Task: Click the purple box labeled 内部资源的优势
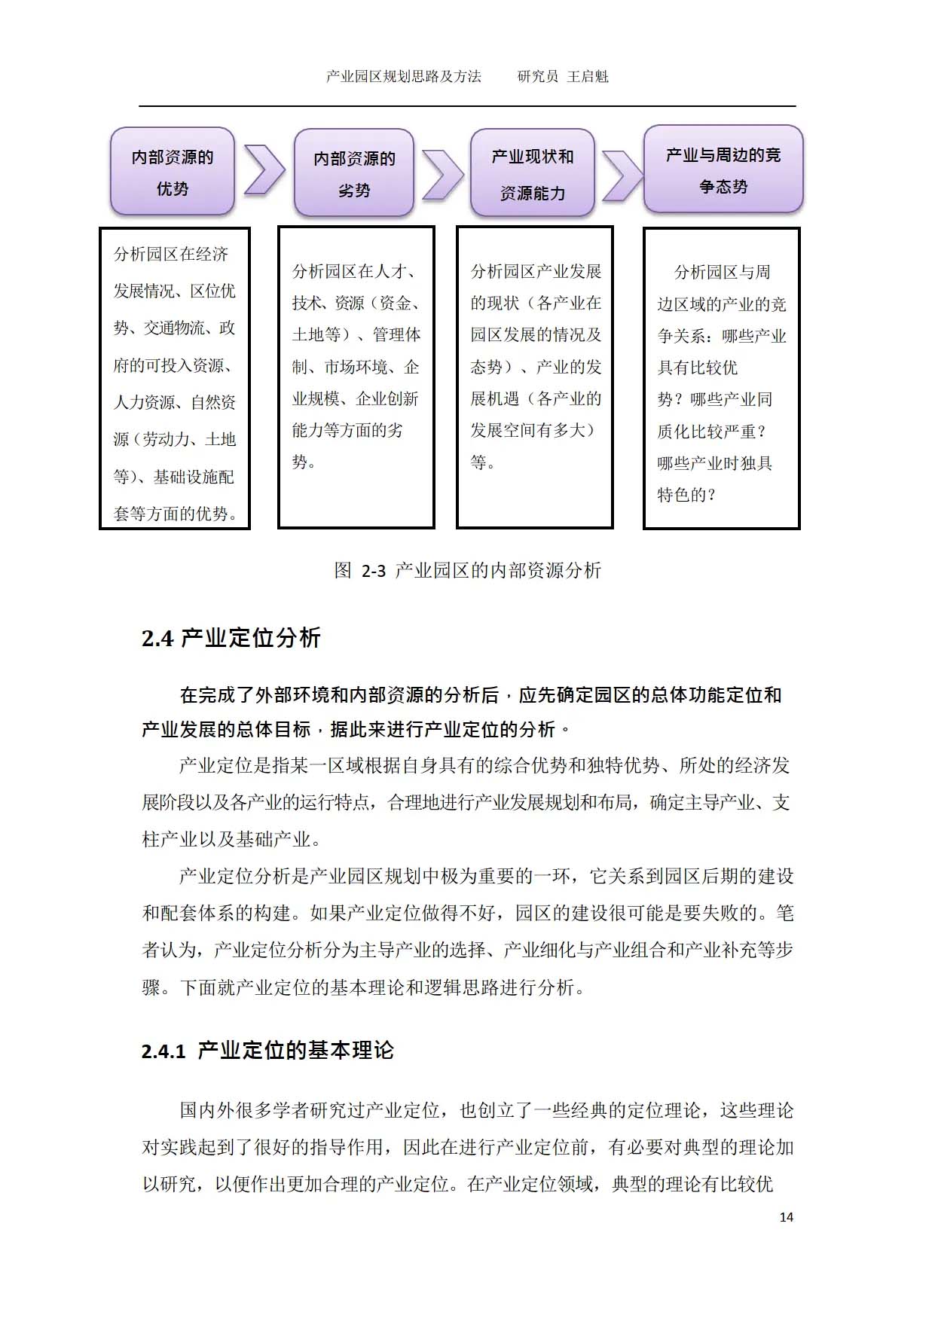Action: (173, 172)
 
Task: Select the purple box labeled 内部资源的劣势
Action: (354, 173)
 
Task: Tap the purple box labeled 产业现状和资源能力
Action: (533, 173)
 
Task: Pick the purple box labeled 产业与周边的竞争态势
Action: (723, 169)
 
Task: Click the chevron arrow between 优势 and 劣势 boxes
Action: (264, 171)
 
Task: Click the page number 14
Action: (786, 1217)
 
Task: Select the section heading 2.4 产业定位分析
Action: (231, 638)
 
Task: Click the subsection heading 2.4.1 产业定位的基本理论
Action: (267, 1051)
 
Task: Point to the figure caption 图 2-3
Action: (467, 570)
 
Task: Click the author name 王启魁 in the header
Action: (588, 76)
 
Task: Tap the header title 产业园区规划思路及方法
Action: (404, 76)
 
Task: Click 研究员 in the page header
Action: (538, 76)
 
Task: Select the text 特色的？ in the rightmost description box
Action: (686, 495)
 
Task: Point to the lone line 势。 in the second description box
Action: (304, 462)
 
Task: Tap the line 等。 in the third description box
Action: (483, 462)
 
